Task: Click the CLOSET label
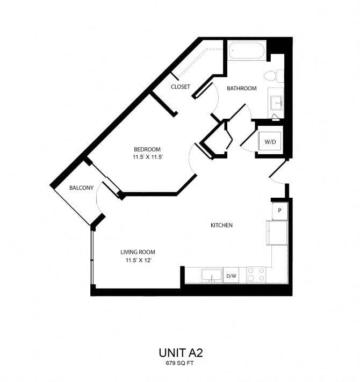click(181, 87)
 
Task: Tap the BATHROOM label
click(241, 88)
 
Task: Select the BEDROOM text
click(147, 149)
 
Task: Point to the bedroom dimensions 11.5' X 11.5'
click(147, 157)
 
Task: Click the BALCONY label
click(82, 188)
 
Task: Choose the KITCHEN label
click(221, 225)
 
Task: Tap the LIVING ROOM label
click(138, 252)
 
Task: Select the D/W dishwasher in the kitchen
click(231, 276)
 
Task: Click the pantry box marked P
click(280, 211)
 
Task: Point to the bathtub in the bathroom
click(246, 52)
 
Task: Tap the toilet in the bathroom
click(276, 76)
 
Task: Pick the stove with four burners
click(256, 275)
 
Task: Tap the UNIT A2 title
click(180, 352)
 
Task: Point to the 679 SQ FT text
click(180, 364)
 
